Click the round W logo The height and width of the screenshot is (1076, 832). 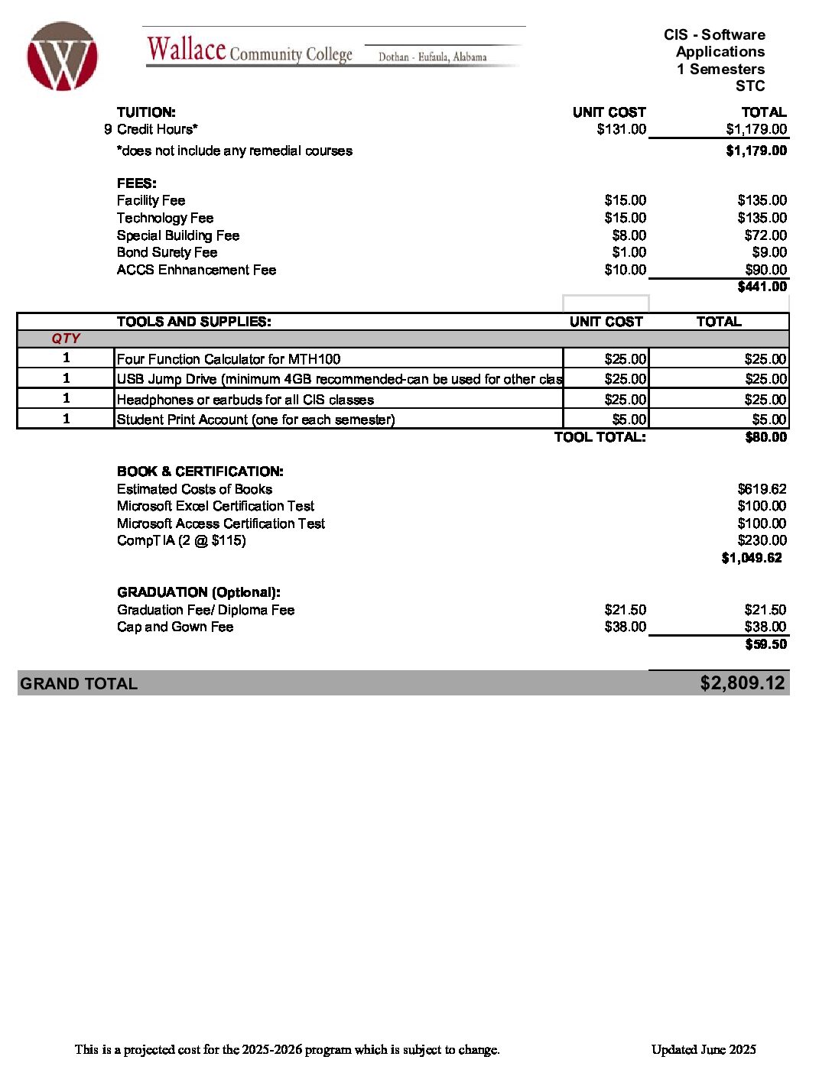62,57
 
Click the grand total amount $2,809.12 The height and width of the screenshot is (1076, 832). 742,683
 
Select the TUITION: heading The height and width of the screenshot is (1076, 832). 146,112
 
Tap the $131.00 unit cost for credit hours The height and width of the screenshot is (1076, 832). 621,129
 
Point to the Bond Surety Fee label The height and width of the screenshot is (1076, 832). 167,252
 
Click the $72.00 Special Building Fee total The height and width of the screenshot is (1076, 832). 765,235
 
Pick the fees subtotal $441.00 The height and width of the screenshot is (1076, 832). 762,287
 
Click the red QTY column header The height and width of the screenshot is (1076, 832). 66,339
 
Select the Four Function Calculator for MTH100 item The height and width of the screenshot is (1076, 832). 229,359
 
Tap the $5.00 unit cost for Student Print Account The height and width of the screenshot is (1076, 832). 629,420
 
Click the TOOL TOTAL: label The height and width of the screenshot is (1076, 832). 600,437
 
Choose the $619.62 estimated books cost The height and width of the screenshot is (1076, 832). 762,489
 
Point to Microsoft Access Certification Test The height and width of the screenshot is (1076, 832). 221,523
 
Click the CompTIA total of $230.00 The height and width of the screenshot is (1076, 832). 762,540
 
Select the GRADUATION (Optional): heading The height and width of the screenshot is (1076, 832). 199,592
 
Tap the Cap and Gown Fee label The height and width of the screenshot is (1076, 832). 175,627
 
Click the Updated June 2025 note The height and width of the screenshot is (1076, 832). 704,1049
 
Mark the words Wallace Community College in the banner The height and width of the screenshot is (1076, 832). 250,50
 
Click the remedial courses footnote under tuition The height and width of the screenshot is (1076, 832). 235,151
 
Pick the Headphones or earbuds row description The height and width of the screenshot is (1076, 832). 245,400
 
